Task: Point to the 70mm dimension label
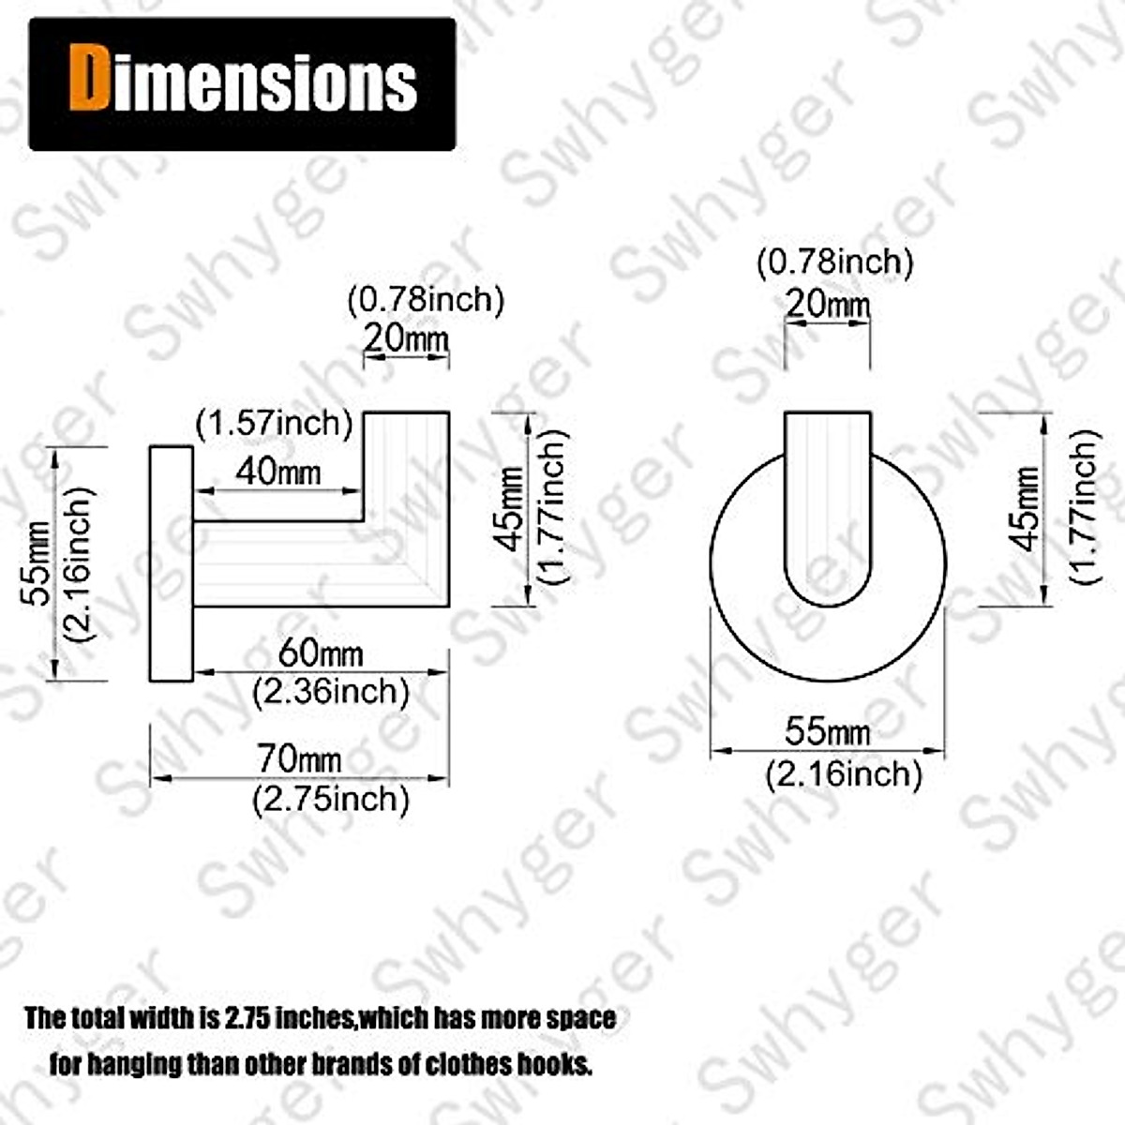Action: coord(299,759)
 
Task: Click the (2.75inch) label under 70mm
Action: coord(330,799)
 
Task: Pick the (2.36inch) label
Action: coord(330,692)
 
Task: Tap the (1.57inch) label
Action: coord(275,423)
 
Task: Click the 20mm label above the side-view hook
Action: coord(406,338)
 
